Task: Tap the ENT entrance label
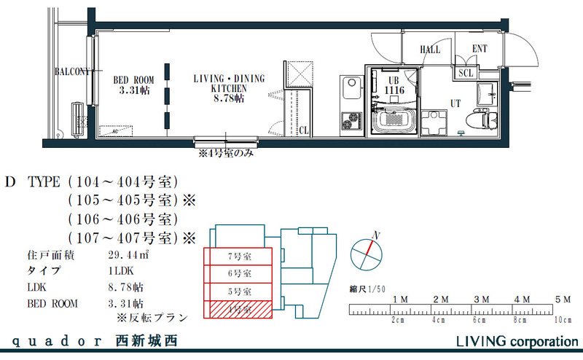pyautogui.click(x=480, y=49)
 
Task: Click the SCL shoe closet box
pyautogui.click(x=466, y=73)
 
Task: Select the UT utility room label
pyautogui.click(x=455, y=103)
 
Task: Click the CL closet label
pyautogui.click(x=303, y=131)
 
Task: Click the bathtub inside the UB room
pyautogui.click(x=395, y=120)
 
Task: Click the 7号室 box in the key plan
pyautogui.click(x=239, y=257)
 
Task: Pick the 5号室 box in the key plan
pyautogui.click(x=239, y=291)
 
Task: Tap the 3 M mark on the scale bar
pyautogui.click(x=480, y=300)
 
